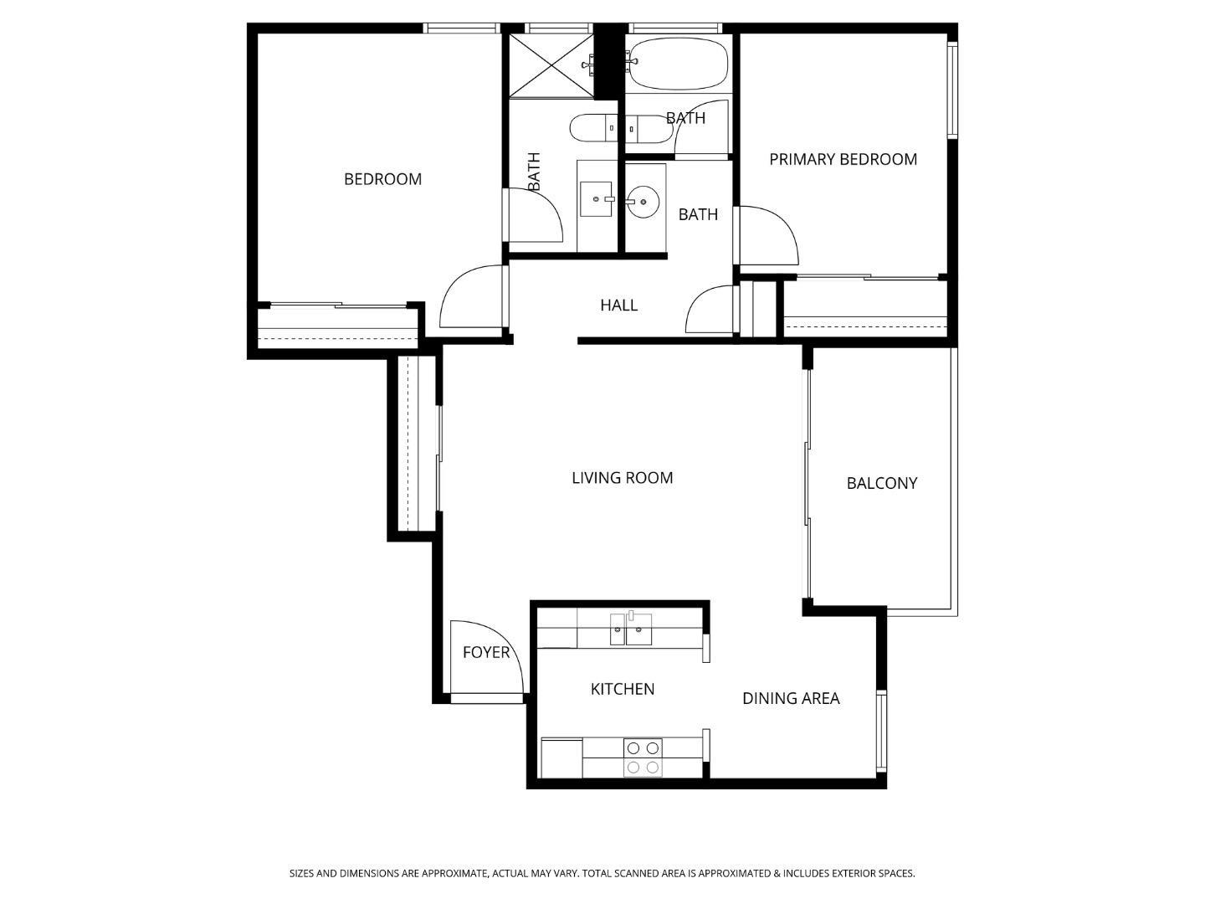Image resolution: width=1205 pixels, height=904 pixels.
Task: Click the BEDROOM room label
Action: pyautogui.click(x=382, y=179)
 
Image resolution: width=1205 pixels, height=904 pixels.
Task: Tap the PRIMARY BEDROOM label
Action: pyautogui.click(x=843, y=159)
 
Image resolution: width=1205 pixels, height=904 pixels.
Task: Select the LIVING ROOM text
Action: pyautogui.click(x=622, y=478)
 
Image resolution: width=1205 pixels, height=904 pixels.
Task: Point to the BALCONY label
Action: pyautogui.click(x=881, y=483)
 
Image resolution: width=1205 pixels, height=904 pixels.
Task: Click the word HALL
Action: pyautogui.click(x=618, y=306)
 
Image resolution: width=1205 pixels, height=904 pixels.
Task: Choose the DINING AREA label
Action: pyautogui.click(x=791, y=698)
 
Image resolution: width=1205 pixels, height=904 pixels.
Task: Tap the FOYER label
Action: pyautogui.click(x=485, y=652)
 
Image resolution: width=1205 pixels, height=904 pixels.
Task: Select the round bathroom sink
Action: pyautogui.click(x=643, y=201)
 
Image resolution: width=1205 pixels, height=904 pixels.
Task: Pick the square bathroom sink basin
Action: pyautogui.click(x=596, y=199)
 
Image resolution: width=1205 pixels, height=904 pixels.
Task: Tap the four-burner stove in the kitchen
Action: pyautogui.click(x=643, y=758)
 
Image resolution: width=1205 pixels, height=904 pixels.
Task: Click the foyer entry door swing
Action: pyautogui.click(x=485, y=657)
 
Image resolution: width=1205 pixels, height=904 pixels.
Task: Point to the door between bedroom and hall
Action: pyautogui.click(x=473, y=297)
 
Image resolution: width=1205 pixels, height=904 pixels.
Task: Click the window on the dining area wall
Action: pyautogui.click(x=881, y=730)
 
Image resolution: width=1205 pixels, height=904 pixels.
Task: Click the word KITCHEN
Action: pyautogui.click(x=623, y=689)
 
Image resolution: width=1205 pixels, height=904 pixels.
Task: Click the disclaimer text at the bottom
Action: pyautogui.click(x=602, y=873)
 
